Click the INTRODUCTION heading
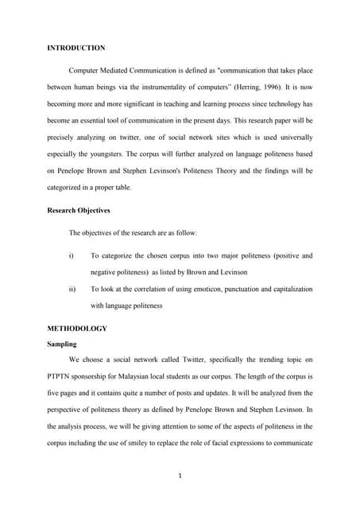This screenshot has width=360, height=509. coord(76,49)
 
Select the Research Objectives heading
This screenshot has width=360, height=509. coord(79,211)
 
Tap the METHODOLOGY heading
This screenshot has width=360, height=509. coord(77,328)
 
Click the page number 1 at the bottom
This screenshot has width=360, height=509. coord(180,475)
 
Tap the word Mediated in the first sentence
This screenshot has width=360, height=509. coord(118,71)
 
